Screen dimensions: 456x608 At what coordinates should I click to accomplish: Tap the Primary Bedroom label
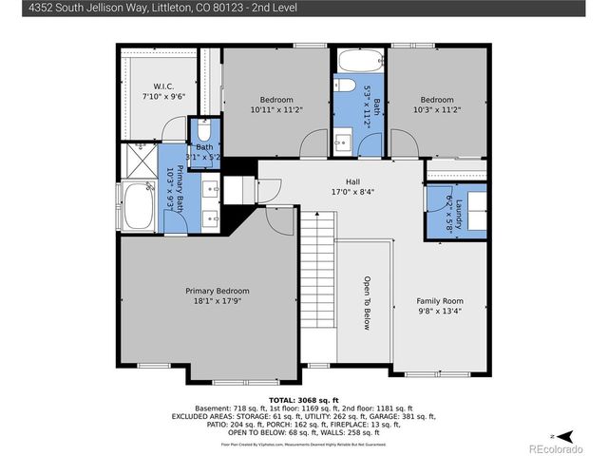[x=217, y=291]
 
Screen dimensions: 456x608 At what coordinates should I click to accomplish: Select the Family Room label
[x=440, y=300]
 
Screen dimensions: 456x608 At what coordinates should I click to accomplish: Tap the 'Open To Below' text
[x=366, y=302]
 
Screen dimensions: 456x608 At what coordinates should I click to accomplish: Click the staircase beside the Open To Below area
[x=318, y=285]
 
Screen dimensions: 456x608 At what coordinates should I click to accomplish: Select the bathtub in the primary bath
[x=140, y=206]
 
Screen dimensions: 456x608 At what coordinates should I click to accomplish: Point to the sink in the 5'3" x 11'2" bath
[x=343, y=142]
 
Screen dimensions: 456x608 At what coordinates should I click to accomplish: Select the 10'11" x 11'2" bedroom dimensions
[x=276, y=110]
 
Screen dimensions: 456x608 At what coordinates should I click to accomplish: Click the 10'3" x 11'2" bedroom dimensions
[x=437, y=110]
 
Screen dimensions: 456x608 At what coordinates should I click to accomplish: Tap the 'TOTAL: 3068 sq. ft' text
[x=304, y=400]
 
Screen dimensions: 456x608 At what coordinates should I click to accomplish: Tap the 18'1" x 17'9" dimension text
[x=217, y=301]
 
